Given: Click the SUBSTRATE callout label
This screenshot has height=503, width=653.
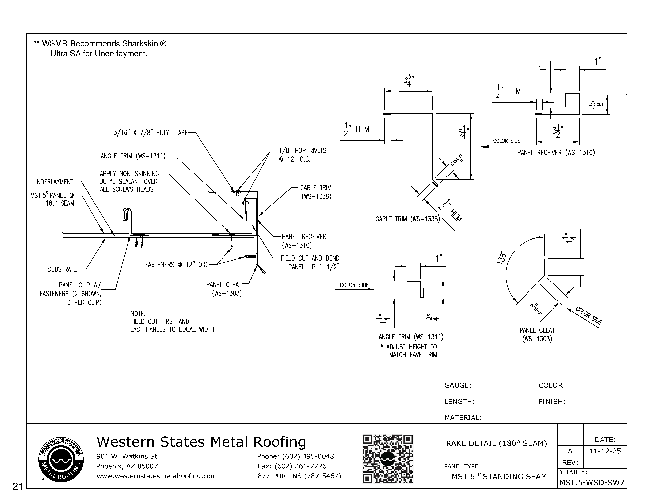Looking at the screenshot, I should click(62, 269).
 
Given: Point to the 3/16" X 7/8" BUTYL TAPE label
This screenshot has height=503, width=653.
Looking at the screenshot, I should click(150, 133).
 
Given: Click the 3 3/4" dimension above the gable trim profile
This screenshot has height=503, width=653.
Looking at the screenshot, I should click(408, 80).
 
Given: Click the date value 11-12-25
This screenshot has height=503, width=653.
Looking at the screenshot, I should click(605, 451).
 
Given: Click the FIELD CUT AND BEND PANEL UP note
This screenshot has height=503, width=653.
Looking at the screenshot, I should click(310, 262).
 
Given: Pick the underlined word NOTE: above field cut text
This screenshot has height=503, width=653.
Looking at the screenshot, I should click(138, 314).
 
